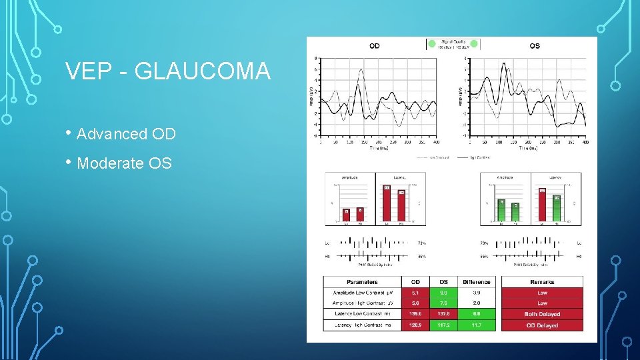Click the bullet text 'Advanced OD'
pos(126,134)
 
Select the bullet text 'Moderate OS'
pos(124,163)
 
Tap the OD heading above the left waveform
pos(375,46)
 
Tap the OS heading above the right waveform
pos(535,46)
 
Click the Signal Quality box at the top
pos(453,44)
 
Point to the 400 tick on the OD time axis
pos(436,142)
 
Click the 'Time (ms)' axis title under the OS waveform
pos(530,148)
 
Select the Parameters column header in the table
pos(362,281)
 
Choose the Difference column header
pos(476,281)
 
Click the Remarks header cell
pos(542,281)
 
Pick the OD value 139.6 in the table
pos(416,314)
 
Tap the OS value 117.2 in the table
pos(443,325)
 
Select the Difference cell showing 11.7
pos(476,325)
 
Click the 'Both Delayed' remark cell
pos(542,314)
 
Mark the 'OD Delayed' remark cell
pos(542,325)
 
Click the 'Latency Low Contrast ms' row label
pos(362,314)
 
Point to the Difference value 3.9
pos(476,293)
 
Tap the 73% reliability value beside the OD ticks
pos(421,243)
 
